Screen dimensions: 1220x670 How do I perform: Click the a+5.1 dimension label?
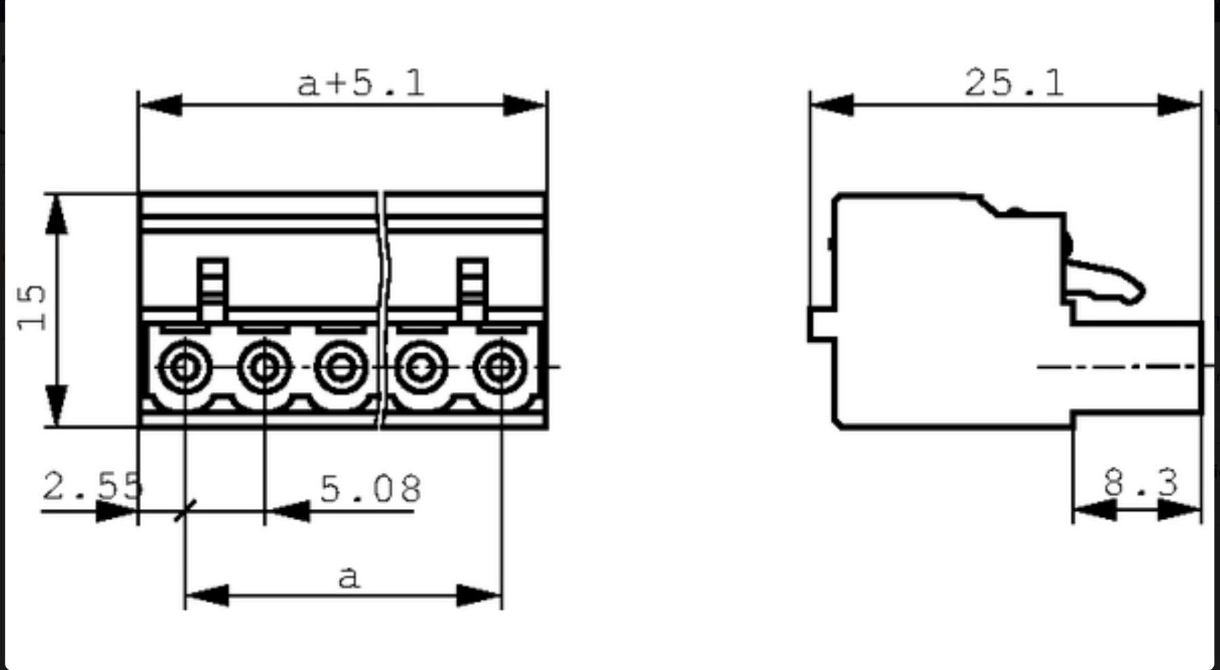click(x=361, y=83)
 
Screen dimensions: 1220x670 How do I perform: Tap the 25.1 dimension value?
click(x=1014, y=83)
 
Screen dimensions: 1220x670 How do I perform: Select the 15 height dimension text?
click(x=33, y=308)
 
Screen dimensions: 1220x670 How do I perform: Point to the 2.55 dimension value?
click(x=93, y=486)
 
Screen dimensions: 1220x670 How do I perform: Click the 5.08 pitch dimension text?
click(x=370, y=488)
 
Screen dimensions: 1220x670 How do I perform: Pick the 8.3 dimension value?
click(x=1141, y=483)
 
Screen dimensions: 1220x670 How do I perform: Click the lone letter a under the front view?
click(x=348, y=577)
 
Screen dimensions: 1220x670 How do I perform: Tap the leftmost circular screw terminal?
click(x=184, y=367)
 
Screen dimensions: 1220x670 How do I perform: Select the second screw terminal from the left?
click(x=264, y=367)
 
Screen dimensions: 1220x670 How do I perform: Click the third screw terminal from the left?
click(x=342, y=367)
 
